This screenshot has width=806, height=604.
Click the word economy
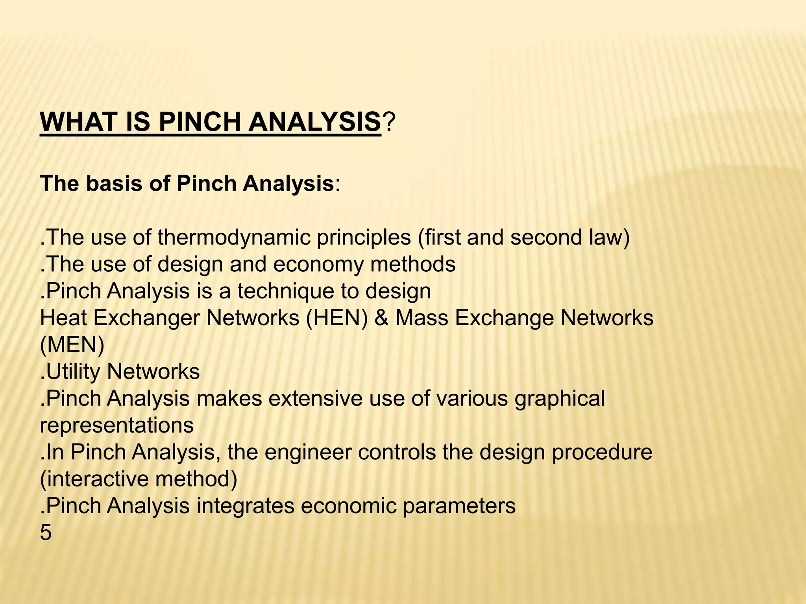pos(318,264)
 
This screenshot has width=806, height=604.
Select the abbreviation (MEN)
pos(72,345)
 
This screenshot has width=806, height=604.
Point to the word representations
pos(117,425)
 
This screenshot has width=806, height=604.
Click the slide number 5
pos(46,533)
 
